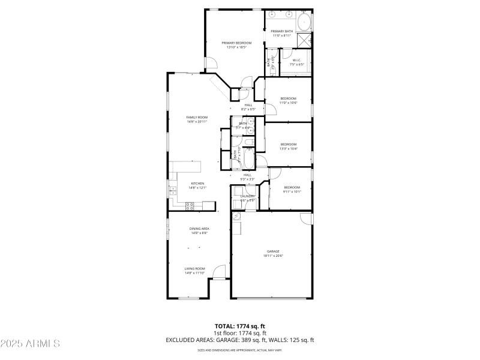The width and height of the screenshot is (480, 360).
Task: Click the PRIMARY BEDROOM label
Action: (236, 43)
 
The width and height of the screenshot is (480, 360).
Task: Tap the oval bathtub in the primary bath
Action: (305, 22)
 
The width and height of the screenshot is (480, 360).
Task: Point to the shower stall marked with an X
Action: (305, 41)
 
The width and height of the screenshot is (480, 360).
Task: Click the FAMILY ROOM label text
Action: (197, 117)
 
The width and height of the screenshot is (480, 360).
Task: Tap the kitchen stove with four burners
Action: (190, 205)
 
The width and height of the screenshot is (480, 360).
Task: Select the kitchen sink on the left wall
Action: (173, 191)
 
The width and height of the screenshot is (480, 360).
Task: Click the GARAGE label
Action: (273, 251)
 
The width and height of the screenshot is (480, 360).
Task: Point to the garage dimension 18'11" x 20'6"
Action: (273, 256)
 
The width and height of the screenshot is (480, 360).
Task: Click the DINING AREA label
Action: (199, 229)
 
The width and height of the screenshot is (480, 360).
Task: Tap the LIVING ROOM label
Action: (195, 268)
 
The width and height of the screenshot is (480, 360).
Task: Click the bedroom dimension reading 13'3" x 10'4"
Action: (288, 149)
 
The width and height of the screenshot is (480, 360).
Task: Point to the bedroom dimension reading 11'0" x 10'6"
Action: (288, 103)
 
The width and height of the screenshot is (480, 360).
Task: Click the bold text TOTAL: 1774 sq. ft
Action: (240, 326)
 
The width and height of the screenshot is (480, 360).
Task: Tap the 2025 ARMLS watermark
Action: (30, 344)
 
